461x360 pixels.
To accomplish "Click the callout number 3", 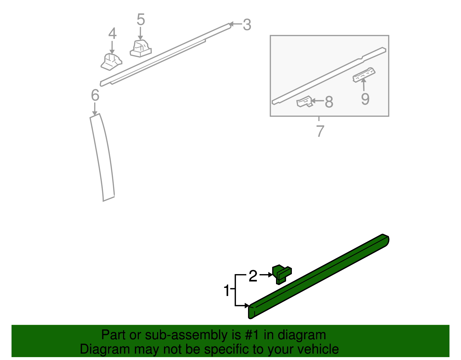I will pos(247,25).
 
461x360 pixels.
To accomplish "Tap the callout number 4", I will pos(112,34).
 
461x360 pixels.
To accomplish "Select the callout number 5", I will pos(141,20).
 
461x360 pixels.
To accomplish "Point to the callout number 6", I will pos(95,95).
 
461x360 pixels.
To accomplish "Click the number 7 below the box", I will pos(320,131).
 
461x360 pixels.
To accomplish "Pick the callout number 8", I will pos(329,102).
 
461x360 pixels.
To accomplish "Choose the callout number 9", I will pos(365,99).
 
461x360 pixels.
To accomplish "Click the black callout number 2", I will pos(253,276).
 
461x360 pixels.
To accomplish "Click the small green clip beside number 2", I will pos(281,274).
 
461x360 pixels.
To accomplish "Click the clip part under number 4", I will pos(111,62).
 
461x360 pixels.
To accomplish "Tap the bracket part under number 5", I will pos(141,48).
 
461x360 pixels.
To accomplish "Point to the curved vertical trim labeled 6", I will pos(102,157).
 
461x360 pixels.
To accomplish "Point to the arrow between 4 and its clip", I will pos(112,48).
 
